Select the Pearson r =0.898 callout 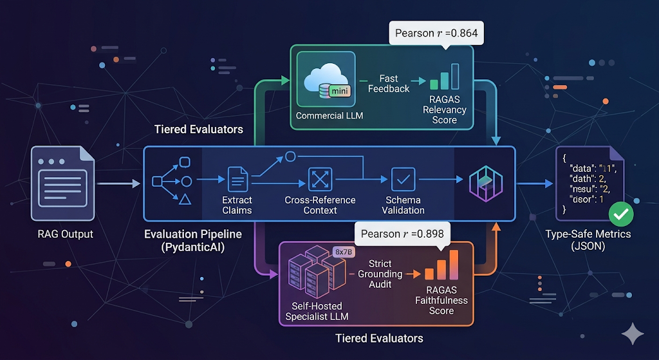pyautogui.click(x=402, y=233)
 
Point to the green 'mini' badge pyautogui.click(x=339, y=92)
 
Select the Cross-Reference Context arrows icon pyautogui.click(x=319, y=178)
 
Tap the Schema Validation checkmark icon pyautogui.click(x=404, y=178)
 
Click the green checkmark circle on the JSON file pyautogui.click(x=622, y=213)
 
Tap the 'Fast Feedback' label pyautogui.click(x=389, y=83)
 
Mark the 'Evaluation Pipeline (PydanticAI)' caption pyautogui.click(x=184, y=241)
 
